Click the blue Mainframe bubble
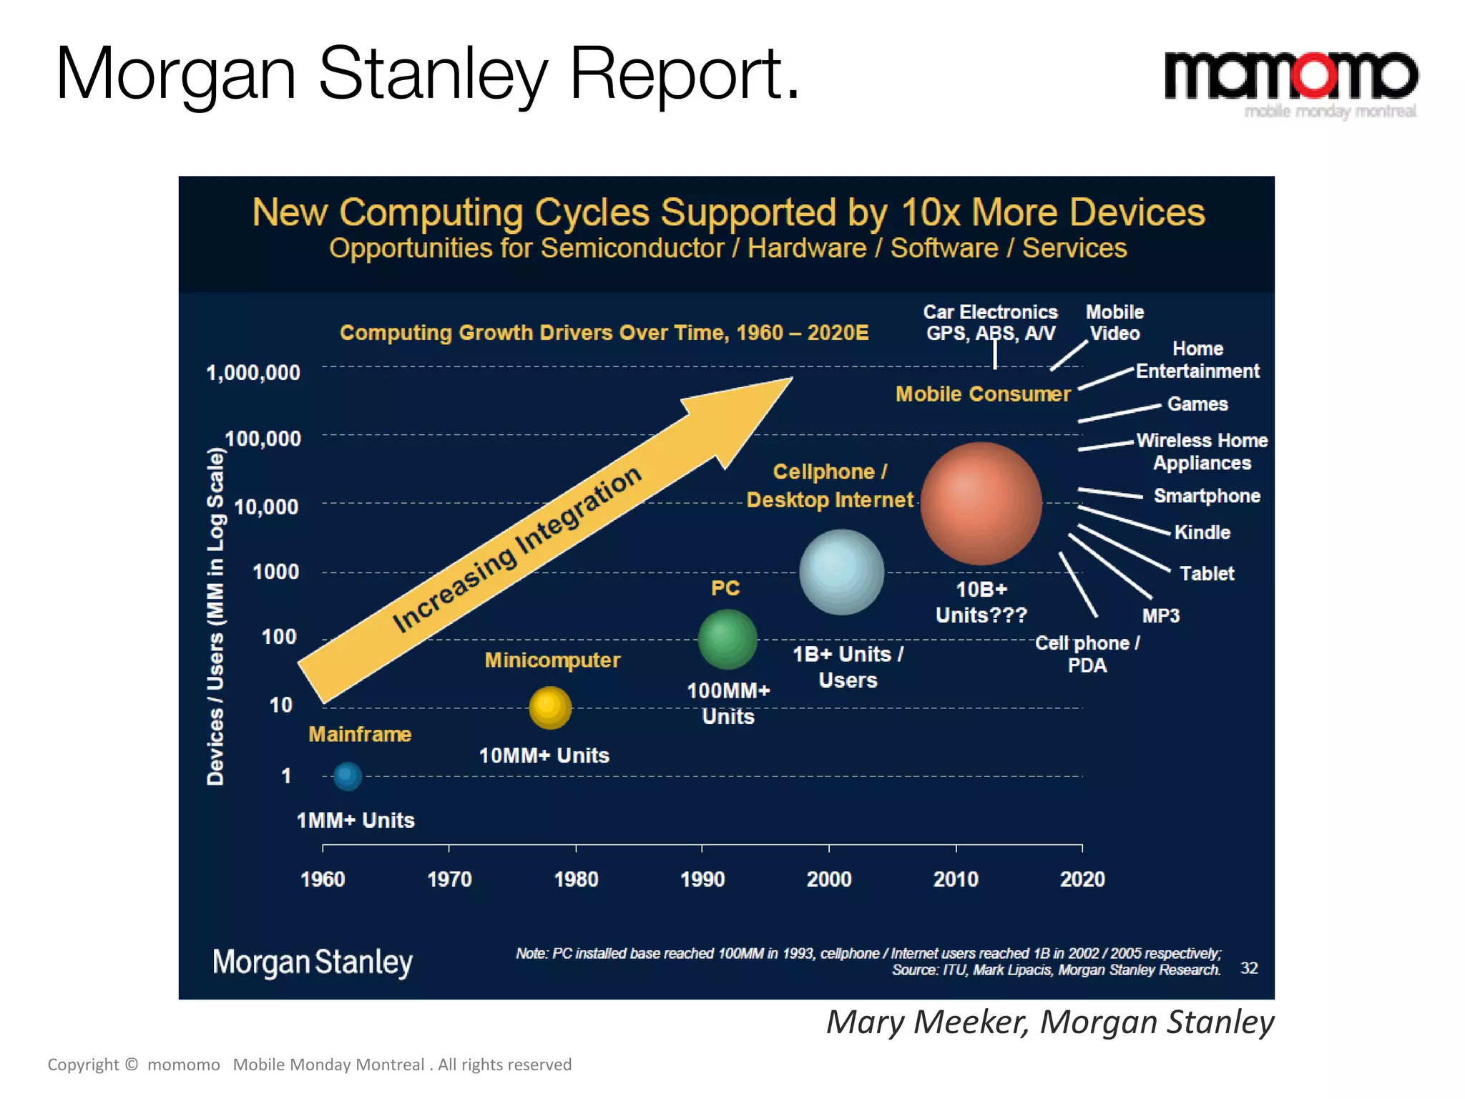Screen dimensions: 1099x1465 (x=348, y=776)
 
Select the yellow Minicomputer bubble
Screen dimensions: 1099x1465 (x=550, y=708)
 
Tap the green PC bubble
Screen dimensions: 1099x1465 (x=727, y=639)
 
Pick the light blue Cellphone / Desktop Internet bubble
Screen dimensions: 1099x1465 (x=841, y=572)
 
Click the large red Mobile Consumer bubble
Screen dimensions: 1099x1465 (x=981, y=503)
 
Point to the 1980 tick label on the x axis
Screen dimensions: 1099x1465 (x=576, y=879)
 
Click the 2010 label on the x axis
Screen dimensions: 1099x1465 (x=956, y=879)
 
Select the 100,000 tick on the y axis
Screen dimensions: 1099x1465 (x=263, y=439)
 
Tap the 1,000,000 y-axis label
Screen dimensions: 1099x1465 (x=253, y=373)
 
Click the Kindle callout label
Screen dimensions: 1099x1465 (x=1202, y=532)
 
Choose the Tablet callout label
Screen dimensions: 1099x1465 (x=1207, y=573)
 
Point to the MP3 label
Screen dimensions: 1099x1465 (x=1160, y=615)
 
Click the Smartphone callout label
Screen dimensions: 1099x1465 (x=1207, y=496)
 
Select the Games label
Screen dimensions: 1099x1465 (x=1197, y=404)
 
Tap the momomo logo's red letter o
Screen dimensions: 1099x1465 (x=1315, y=75)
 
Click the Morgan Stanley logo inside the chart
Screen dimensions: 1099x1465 (x=313, y=962)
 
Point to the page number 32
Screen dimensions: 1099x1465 (x=1248, y=968)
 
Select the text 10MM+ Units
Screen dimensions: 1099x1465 (x=544, y=756)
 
